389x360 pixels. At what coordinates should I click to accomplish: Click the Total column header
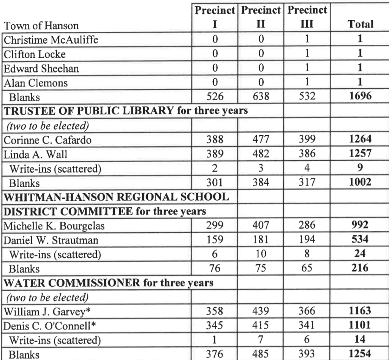pos(361,25)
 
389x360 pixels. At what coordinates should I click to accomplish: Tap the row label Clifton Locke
pos(35,54)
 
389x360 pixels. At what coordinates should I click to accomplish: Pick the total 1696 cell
pos(361,97)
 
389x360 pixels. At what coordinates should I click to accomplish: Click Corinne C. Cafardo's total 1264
pos(361,140)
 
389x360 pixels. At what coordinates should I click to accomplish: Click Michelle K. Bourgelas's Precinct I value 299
pos(218,226)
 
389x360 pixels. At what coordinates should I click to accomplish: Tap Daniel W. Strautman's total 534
pos(361,240)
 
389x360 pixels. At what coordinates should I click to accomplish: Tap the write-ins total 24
pos(361,255)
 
